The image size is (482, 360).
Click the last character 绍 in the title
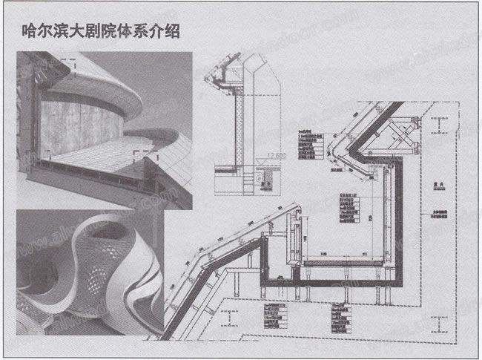(172, 32)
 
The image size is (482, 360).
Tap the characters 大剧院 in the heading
(101, 32)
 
